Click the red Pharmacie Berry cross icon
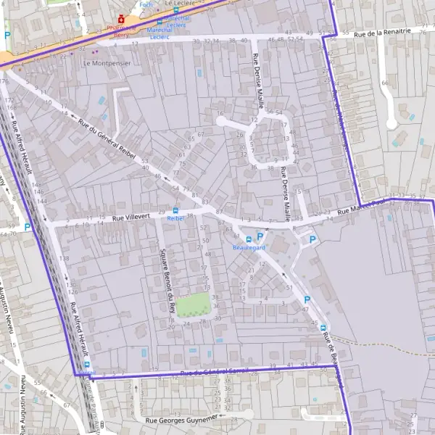pos(122,19)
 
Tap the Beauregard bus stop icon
pos(249,239)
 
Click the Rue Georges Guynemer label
pos(181,419)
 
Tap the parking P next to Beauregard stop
pos(260,236)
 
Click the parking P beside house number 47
pos(306,300)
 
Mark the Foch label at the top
pos(146,4)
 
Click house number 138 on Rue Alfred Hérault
pos(65,258)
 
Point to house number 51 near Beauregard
pos(289,288)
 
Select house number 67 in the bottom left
pos(66,405)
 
